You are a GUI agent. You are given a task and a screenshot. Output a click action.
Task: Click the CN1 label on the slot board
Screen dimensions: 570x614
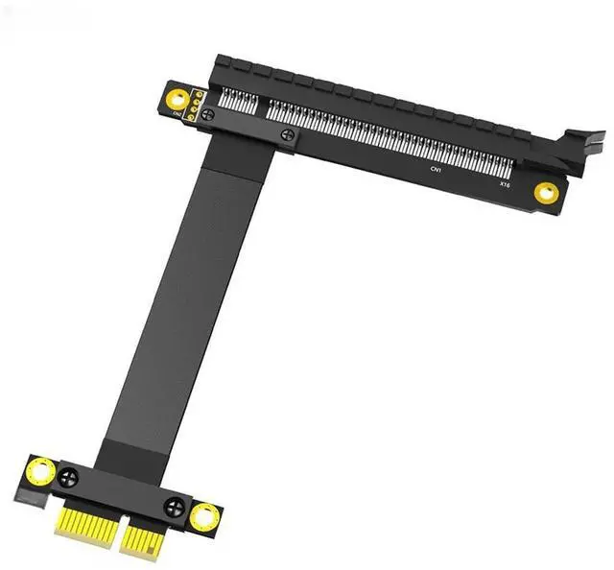click(435, 169)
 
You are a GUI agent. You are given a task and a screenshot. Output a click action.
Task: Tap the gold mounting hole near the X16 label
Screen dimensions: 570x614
click(546, 192)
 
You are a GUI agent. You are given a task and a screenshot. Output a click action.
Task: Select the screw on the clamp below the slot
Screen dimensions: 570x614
click(287, 137)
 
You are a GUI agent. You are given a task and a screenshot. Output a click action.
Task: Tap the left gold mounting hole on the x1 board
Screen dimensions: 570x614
click(41, 471)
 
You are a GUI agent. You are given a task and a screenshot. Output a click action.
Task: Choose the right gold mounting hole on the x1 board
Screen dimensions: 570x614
click(203, 517)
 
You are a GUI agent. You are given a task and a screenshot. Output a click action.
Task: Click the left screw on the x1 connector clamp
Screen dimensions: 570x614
click(66, 476)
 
